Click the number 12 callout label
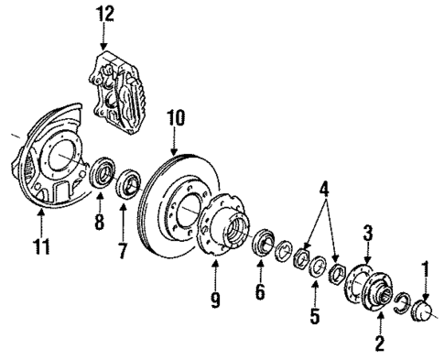(108, 13)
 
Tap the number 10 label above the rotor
(175, 117)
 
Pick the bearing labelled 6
(260, 245)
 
